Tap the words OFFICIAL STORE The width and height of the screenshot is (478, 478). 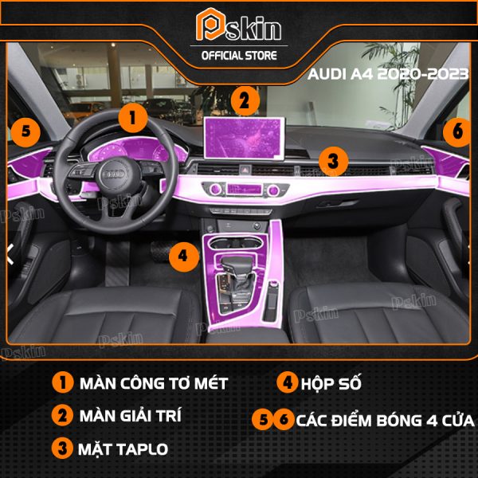[239, 56]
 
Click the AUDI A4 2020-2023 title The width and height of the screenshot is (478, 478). [388, 74]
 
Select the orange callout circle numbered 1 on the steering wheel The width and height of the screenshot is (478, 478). [133, 118]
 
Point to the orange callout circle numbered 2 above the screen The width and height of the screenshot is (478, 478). [245, 101]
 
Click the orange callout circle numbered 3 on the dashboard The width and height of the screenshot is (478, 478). [333, 161]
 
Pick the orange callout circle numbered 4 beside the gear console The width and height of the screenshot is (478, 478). [183, 256]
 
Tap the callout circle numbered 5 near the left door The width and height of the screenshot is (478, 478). [26, 132]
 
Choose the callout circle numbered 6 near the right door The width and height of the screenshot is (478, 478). [457, 131]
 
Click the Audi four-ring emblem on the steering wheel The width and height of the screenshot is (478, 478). [114, 174]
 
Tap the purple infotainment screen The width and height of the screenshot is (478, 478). [245, 138]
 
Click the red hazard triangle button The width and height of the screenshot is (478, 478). [245, 169]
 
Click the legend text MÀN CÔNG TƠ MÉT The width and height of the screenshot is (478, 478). [154, 383]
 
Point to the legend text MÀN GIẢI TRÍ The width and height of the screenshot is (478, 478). [131, 415]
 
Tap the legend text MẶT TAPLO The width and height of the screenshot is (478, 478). [123, 449]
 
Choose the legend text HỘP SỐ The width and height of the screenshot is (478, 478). [331, 383]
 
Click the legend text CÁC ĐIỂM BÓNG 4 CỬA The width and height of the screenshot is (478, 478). [386, 421]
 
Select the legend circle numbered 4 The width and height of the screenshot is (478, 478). [287, 382]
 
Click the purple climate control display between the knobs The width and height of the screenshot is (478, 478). [245, 190]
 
